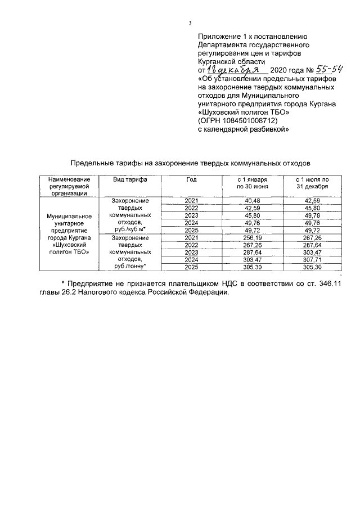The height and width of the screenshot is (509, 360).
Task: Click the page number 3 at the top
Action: (x=190, y=23)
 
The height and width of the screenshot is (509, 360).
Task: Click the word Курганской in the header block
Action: (x=221, y=61)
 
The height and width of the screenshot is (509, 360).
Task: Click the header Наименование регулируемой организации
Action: (x=69, y=186)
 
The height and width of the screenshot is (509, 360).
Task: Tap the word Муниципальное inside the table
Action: (x=69, y=215)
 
